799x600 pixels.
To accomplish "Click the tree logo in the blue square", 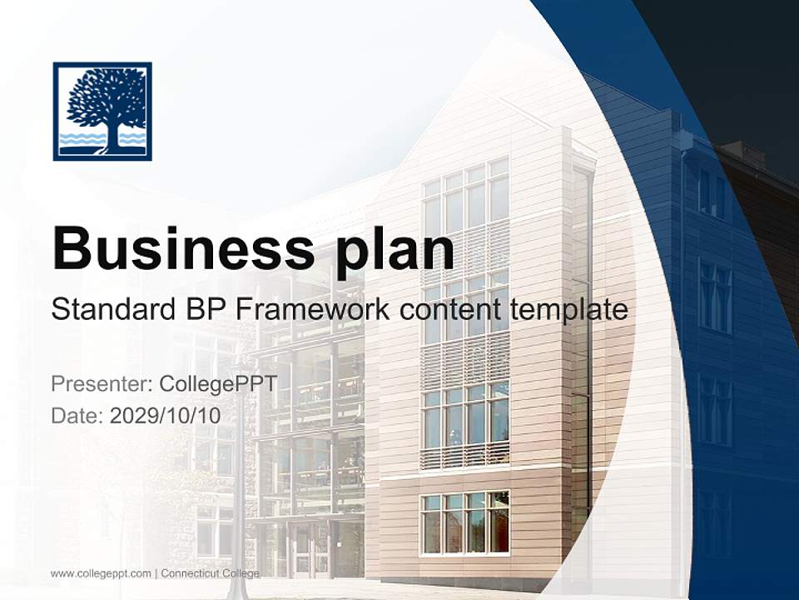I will (102, 110).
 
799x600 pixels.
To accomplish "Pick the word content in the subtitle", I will (447, 310).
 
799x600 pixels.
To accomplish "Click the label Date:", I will (77, 415).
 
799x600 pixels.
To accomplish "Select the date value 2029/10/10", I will (166, 415).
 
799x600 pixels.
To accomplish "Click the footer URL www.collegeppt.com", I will (101, 573).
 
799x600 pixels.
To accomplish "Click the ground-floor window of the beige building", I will (464, 523).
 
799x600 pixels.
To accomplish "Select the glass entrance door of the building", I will (300, 550).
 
